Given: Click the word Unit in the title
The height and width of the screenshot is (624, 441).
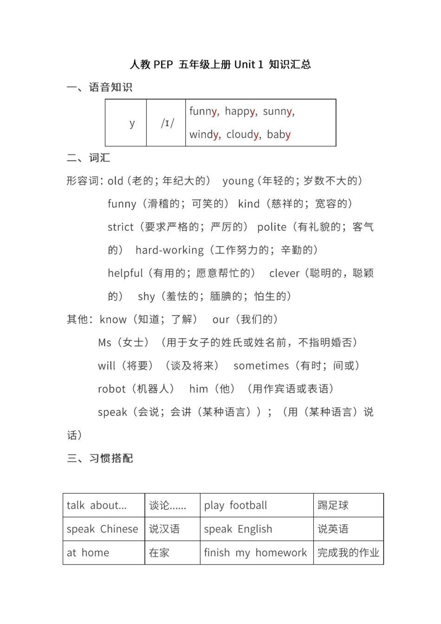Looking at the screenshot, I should (245, 65).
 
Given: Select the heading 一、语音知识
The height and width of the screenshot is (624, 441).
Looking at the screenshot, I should (100, 87).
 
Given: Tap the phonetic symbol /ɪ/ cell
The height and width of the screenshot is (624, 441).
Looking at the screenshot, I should (166, 123).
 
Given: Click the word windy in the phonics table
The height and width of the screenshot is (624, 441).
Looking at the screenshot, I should (204, 135).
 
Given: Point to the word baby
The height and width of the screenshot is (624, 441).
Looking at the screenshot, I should (279, 135).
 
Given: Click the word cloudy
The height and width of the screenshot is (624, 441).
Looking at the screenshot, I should (243, 135).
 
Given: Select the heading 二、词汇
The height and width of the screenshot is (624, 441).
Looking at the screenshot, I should (89, 158).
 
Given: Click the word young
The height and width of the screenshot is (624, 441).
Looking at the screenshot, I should (238, 181).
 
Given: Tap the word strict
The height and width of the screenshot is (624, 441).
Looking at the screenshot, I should (121, 227).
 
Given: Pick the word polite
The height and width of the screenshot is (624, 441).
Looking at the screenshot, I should (272, 227).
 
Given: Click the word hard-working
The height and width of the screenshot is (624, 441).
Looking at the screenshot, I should (169, 250).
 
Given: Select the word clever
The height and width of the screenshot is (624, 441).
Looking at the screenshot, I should (285, 273).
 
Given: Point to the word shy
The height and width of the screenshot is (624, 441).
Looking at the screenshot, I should (146, 296).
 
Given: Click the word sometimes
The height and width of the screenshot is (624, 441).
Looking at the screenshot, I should (261, 366).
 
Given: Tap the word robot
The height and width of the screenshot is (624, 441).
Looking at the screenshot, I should (112, 389).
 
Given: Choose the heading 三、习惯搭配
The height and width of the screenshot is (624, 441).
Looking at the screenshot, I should (100, 458).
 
